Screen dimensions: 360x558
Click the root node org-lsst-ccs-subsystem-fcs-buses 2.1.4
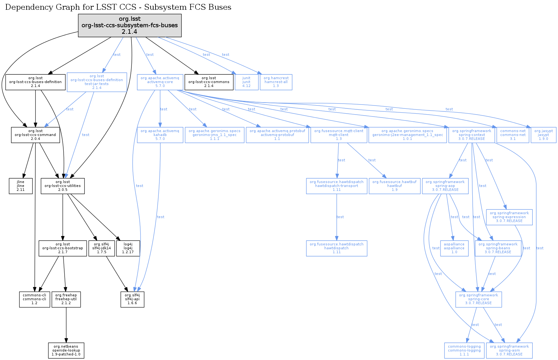pos(130,25)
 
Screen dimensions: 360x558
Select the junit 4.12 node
pos(246,82)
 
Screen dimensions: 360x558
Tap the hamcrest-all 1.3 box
pos(276,82)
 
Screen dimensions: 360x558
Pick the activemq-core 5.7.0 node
pos(160,82)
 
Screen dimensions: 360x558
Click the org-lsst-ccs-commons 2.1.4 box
pos(209,82)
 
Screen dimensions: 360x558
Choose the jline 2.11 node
pos(21,186)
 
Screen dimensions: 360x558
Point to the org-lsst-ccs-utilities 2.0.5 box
pos(63,186)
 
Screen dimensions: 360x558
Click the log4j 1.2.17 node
pos(128,248)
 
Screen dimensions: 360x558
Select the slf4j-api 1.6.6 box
pos(132,299)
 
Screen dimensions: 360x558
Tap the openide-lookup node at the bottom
pos(66,351)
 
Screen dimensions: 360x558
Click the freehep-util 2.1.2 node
pos(66,299)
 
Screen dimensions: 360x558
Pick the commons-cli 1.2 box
pos(34,299)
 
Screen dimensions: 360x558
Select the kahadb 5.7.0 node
pos(160,135)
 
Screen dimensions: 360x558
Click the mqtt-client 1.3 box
pos(339,135)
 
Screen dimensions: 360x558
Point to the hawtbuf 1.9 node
pos(394,186)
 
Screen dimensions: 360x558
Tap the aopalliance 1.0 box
pos(454,248)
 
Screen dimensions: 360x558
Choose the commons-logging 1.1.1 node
pos(464,351)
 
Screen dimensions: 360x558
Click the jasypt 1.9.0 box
pos(543,135)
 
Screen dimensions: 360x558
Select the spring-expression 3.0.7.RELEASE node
pos(509,217)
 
